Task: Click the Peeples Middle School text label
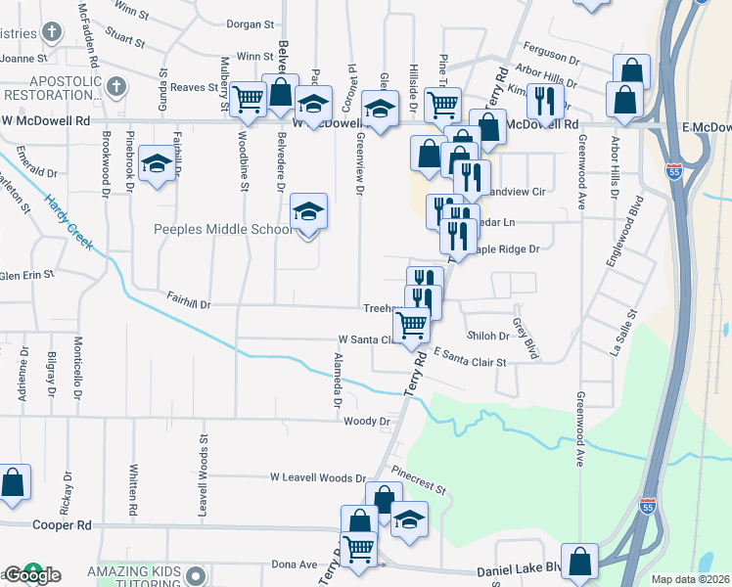(222, 230)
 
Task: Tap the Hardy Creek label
(69, 223)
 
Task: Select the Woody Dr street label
(367, 422)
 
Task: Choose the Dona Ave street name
(295, 564)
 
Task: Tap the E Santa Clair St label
(470, 357)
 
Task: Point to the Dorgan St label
(249, 23)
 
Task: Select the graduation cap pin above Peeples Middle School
(308, 210)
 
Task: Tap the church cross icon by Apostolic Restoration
(114, 87)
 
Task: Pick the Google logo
(31, 574)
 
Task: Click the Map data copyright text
(690, 579)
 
